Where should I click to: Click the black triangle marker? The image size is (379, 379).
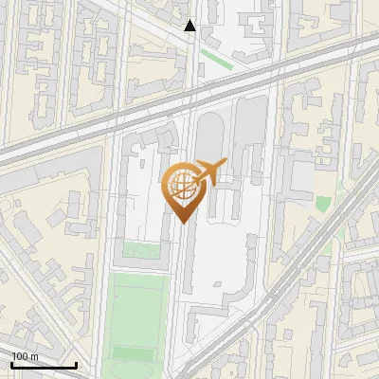click(189, 26)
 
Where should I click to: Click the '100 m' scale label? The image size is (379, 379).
click(26, 355)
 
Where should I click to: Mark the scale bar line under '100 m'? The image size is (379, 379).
click(44, 365)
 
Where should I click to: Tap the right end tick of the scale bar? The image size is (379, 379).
click(76, 363)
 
